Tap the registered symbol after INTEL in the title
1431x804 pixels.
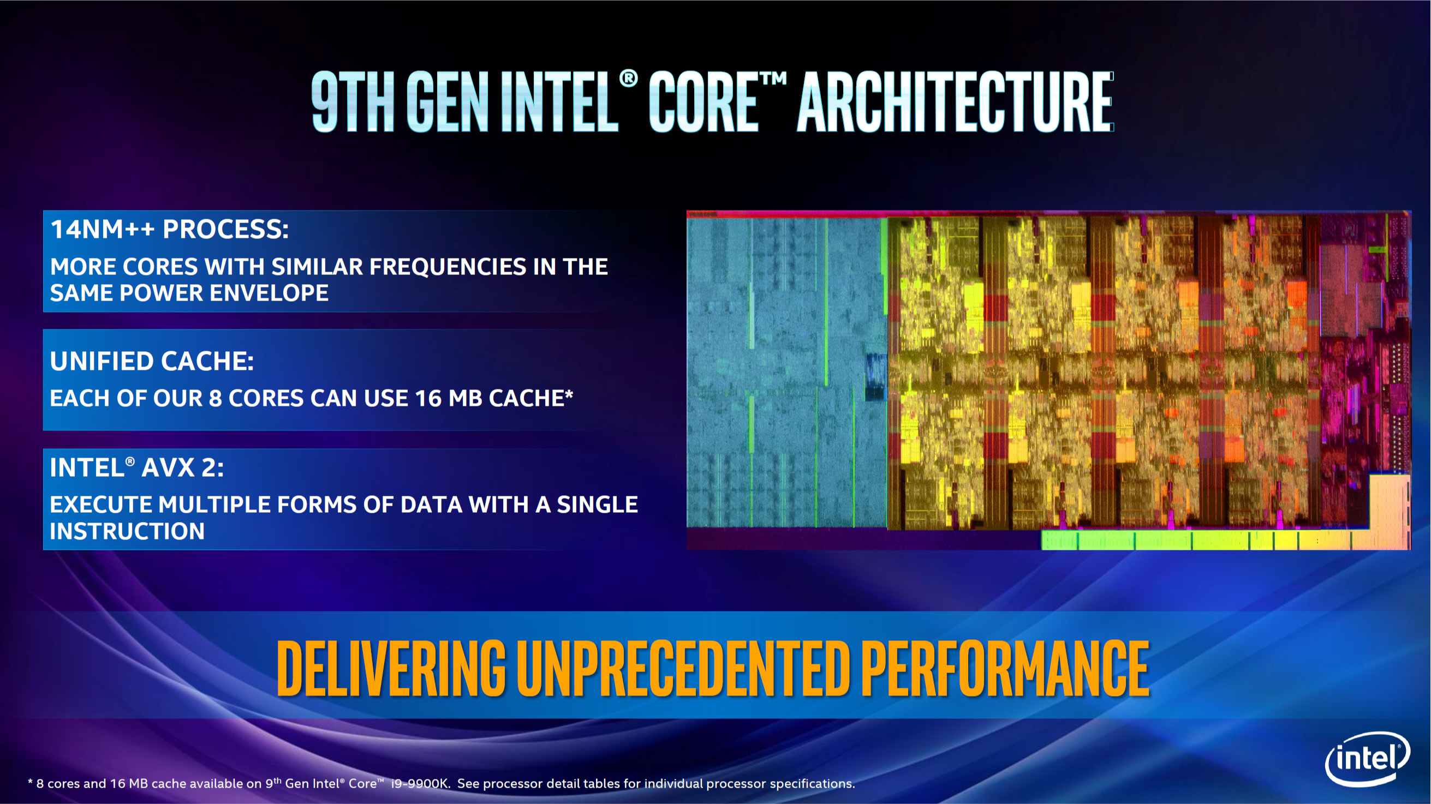click(x=628, y=79)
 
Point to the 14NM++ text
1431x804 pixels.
click(x=102, y=229)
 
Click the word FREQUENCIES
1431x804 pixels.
click(x=448, y=267)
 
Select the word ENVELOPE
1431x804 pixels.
click(x=269, y=292)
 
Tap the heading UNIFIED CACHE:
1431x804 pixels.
click(x=152, y=361)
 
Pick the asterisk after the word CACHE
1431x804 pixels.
click(x=569, y=394)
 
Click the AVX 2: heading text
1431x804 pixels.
click(x=183, y=467)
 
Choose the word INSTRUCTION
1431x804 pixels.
click(x=127, y=531)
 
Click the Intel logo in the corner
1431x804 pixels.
click(x=1367, y=759)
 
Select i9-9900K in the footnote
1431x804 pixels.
click(x=419, y=783)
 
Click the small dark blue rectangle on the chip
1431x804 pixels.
click(x=875, y=377)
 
